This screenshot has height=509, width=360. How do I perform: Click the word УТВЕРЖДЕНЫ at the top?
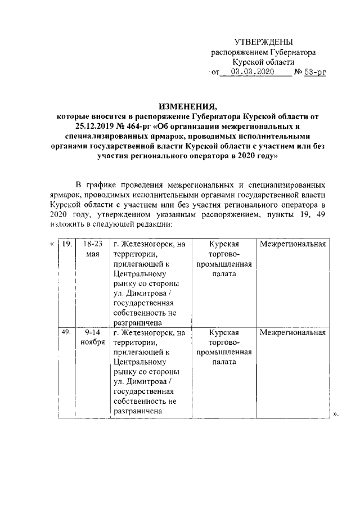[x=264, y=42]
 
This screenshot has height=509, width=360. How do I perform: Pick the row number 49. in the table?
[x=66, y=332]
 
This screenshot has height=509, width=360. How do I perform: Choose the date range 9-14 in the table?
[x=92, y=332]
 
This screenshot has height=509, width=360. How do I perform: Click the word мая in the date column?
[x=92, y=254]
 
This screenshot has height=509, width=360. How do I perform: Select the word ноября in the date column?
[x=92, y=342]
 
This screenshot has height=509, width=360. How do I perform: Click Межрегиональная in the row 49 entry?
[x=293, y=332]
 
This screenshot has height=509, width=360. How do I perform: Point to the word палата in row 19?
[x=224, y=274]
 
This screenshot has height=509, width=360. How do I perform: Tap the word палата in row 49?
[x=224, y=362]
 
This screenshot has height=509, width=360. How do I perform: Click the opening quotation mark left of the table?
[x=52, y=245]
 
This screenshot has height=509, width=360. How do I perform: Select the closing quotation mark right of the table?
[x=335, y=416]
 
